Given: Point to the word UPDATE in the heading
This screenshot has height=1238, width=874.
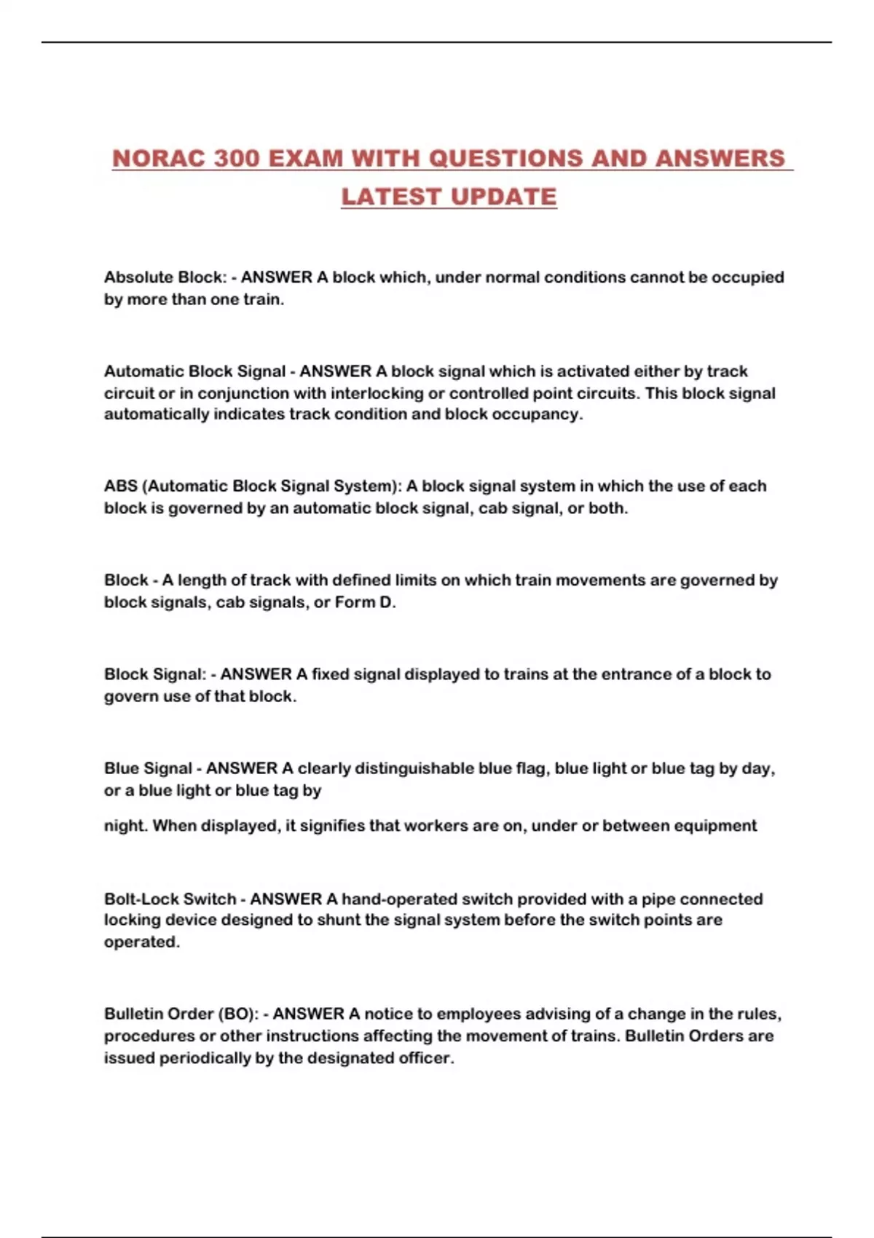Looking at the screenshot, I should (x=503, y=197).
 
